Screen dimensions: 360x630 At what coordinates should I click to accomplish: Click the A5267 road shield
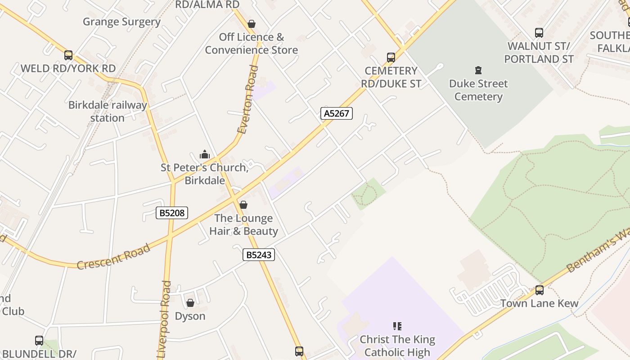pyautogui.click(x=337, y=113)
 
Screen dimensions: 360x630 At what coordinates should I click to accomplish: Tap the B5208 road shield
pyautogui.click(x=172, y=213)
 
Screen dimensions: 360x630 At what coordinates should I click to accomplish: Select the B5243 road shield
pyautogui.click(x=259, y=255)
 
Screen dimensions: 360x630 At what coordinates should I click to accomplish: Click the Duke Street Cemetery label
pyautogui.click(x=478, y=90)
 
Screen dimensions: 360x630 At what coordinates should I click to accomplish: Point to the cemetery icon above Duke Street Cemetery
pyautogui.click(x=478, y=70)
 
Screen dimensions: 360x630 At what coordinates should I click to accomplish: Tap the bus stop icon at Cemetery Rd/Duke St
pyautogui.click(x=391, y=58)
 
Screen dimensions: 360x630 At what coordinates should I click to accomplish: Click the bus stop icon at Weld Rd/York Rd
pyautogui.click(x=68, y=55)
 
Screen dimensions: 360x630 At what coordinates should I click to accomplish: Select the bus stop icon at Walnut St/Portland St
pyautogui.click(x=539, y=33)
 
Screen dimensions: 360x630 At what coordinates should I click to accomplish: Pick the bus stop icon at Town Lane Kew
pyautogui.click(x=540, y=290)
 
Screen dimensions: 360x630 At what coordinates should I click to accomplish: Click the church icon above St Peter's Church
pyautogui.click(x=205, y=154)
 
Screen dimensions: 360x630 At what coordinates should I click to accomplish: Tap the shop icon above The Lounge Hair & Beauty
pyautogui.click(x=243, y=205)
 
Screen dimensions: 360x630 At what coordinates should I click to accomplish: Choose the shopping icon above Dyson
pyautogui.click(x=190, y=303)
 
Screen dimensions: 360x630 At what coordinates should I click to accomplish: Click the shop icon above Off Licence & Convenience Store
pyautogui.click(x=252, y=24)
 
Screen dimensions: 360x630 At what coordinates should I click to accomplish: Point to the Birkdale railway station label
pyautogui.click(x=108, y=112)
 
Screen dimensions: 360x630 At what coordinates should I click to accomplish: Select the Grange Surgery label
pyautogui.click(x=122, y=22)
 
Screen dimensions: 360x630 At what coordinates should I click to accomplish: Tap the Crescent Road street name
pyautogui.click(x=113, y=257)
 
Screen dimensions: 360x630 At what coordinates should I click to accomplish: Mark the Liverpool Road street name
pyautogui.click(x=166, y=319)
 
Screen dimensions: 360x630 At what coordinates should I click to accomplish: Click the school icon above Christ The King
pyautogui.click(x=397, y=326)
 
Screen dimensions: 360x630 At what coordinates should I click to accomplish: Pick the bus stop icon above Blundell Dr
pyautogui.click(x=39, y=341)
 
